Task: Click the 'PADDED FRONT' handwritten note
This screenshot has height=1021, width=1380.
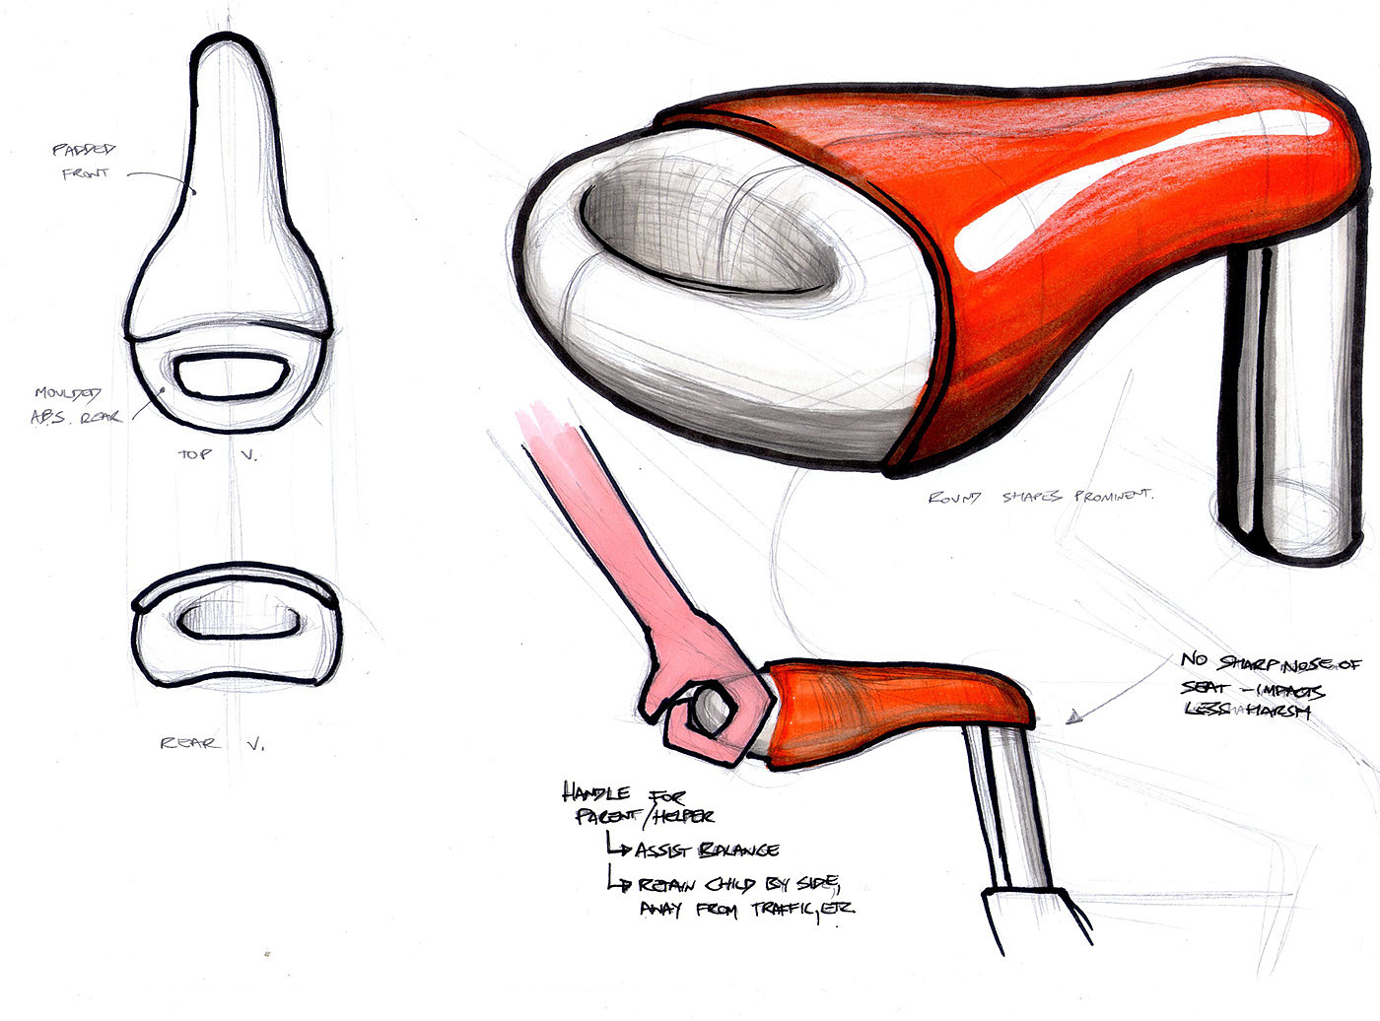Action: point(84,162)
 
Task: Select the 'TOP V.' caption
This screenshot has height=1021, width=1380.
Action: point(217,454)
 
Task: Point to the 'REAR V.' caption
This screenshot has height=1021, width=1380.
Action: point(212,743)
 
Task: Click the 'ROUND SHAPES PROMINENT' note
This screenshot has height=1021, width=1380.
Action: point(1040,497)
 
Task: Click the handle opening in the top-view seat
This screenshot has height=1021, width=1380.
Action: point(233,375)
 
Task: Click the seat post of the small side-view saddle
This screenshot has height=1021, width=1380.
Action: point(1015,808)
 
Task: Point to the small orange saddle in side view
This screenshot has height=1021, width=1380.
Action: point(887,700)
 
